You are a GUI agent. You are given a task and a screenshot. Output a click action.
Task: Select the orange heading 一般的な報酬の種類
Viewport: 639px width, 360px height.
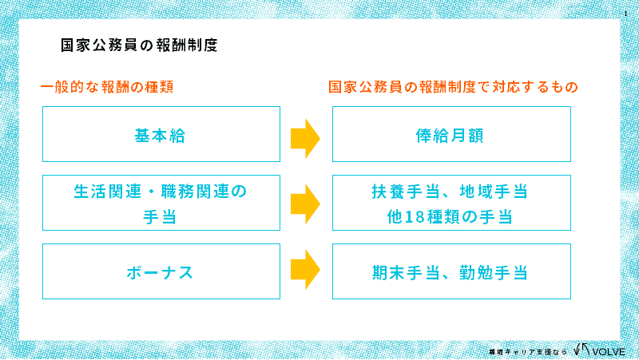pyautogui.click(x=107, y=86)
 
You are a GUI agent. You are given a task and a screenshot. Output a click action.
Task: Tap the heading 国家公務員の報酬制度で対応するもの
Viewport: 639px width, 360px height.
pyautogui.click(x=453, y=86)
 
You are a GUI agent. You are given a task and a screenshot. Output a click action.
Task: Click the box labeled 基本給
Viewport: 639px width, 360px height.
pyautogui.click(x=161, y=135)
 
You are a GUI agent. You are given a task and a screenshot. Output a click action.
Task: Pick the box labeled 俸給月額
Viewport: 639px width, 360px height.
pyautogui.click(x=451, y=135)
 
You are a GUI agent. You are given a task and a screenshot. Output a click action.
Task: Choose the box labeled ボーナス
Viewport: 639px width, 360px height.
pyautogui.click(x=161, y=272)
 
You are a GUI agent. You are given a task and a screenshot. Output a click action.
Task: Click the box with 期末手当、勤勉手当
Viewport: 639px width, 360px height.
pyautogui.click(x=451, y=272)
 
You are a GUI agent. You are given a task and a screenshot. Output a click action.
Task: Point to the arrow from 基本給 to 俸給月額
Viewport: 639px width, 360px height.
pyautogui.click(x=305, y=137)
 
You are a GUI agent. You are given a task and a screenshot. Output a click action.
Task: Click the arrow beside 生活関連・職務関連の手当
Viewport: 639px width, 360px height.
pyautogui.click(x=305, y=204)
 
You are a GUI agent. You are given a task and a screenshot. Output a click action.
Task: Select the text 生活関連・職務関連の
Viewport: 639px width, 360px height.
pyautogui.click(x=161, y=192)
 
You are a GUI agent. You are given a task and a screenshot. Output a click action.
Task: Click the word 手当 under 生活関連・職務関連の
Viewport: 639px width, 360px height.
pyautogui.click(x=161, y=216)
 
